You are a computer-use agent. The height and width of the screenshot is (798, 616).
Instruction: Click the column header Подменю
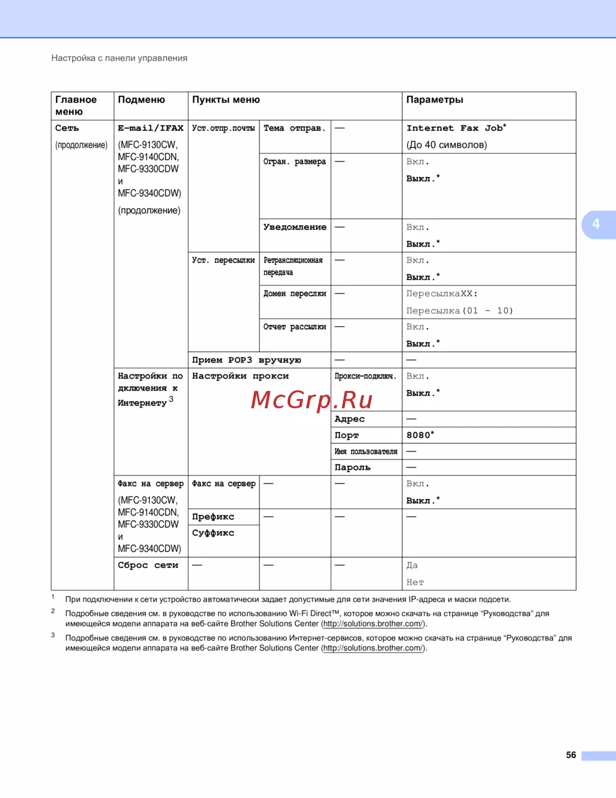tap(141, 100)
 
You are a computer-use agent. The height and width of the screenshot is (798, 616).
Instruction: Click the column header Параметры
tap(434, 100)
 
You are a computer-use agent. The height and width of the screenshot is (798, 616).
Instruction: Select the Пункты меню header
tap(225, 100)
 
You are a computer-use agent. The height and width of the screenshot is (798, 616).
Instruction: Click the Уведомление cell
tap(294, 228)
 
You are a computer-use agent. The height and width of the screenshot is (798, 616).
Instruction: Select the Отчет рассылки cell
tap(294, 327)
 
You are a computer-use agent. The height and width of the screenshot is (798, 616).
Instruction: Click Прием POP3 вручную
tap(246, 360)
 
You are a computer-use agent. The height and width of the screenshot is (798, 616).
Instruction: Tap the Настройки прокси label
tap(240, 376)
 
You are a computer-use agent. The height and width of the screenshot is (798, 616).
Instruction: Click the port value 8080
tap(420, 435)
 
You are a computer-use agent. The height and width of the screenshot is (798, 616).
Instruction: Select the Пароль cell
tap(352, 467)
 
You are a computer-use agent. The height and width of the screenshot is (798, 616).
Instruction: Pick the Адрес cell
tap(349, 419)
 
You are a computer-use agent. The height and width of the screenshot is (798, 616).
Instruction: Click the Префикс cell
tap(213, 517)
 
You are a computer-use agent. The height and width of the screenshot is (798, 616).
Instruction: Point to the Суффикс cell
tap(213, 533)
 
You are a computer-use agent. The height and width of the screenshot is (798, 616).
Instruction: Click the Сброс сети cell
tap(148, 566)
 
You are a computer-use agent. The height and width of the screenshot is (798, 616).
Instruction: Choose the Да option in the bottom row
tap(412, 566)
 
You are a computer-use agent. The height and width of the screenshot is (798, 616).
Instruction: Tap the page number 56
tap(571, 755)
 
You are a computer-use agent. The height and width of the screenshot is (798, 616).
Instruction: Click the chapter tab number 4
tap(596, 224)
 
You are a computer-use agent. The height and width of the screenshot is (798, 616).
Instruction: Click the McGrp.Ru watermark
tap(312, 400)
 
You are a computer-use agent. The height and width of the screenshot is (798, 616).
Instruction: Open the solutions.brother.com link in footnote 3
tap(373, 648)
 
